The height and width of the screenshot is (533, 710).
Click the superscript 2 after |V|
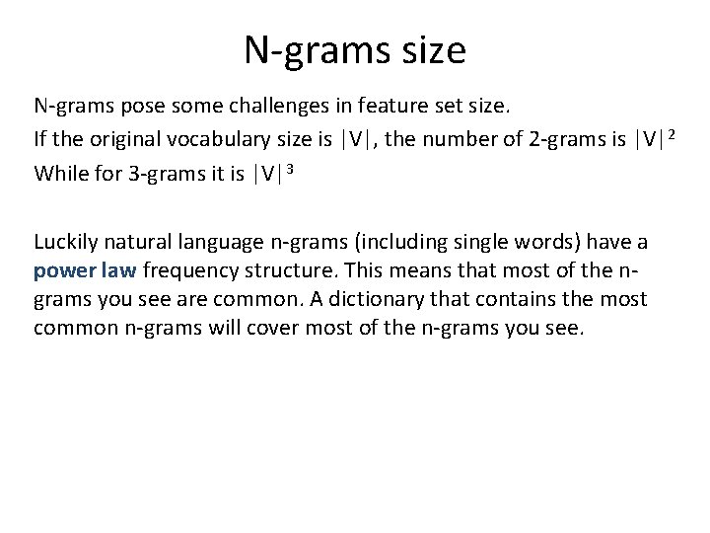[672, 134]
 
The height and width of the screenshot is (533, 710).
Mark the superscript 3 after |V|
[291, 170]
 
